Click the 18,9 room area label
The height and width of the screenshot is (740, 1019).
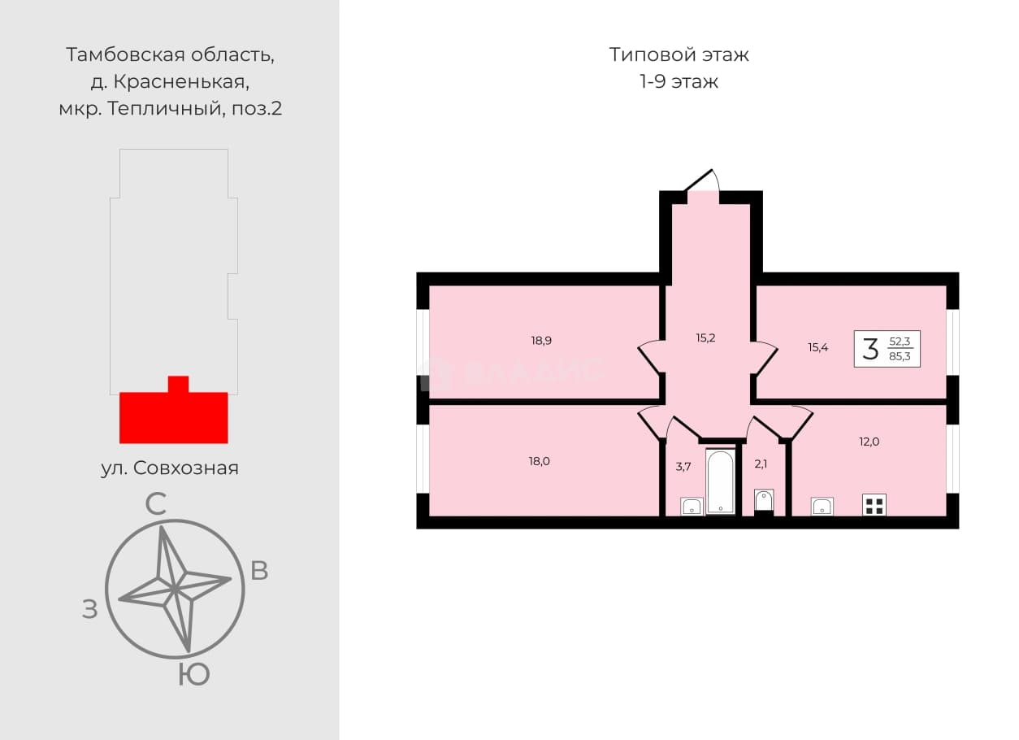(541, 341)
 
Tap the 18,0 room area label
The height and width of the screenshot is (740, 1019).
(539, 461)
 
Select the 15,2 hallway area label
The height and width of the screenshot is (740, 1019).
(705, 337)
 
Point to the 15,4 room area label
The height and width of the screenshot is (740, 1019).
(818, 348)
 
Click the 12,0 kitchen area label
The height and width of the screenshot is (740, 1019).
(869, 442)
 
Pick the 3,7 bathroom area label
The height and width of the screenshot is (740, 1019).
(683, 467)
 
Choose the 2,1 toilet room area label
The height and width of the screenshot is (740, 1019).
(761, 464)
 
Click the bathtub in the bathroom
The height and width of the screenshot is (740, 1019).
(721, 482)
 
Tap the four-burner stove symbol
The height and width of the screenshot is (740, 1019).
(874, 506)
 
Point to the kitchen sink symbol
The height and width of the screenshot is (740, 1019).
(822, 507)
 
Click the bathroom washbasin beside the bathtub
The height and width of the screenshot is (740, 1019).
(692, 507)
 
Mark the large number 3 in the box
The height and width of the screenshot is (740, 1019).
(870, 349)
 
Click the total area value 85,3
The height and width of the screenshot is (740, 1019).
(900, 356)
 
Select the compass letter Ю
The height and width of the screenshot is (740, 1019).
(193, 674)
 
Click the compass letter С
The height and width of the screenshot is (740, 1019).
(155, 504)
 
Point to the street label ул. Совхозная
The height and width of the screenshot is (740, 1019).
(170, 468)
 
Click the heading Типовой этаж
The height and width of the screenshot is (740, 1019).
(679, 54)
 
